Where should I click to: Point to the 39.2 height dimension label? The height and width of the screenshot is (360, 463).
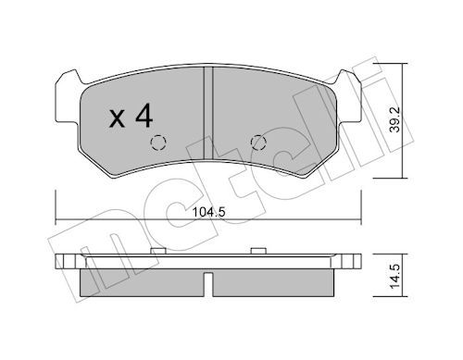coord(394,119)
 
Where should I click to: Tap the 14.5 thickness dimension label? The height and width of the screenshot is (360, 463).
coord(394,276)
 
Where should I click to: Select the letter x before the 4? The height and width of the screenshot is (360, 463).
coord(118,119)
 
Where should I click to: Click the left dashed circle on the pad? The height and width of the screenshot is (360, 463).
coord(158,143)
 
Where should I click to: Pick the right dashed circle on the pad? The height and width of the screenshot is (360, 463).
coord(258,143)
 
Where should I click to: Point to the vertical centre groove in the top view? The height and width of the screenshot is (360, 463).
coord(208,113)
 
